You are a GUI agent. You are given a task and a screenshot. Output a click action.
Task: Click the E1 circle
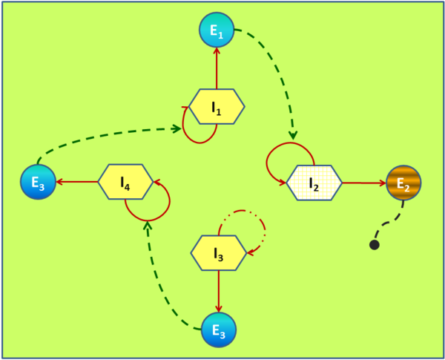point(217,30)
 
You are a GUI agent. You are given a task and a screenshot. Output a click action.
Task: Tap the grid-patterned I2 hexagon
point(314,182)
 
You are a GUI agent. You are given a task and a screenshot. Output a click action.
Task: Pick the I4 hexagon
point(125,182)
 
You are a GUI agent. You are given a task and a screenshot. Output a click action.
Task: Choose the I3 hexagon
point(218,253)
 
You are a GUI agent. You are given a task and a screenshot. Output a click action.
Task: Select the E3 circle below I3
point(218,329)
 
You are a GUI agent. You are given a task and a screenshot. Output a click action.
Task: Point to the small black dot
point(375,245)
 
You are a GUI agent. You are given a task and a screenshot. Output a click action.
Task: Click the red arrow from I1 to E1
point(217,68)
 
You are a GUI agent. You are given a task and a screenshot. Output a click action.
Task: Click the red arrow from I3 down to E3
point(218,291)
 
